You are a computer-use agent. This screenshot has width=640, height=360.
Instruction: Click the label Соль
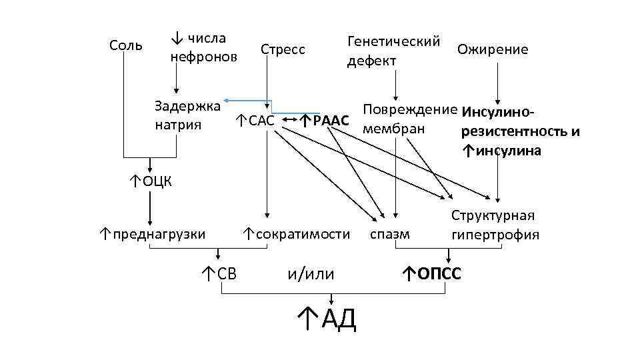(x=125, y=45)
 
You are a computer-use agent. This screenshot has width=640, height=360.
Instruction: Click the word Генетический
(x=393, y=41)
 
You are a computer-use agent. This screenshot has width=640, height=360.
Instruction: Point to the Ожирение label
(x=493, y=49)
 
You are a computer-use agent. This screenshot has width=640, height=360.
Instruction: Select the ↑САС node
(x=254, y=121)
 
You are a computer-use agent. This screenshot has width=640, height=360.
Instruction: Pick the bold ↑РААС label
(x=324, y=121)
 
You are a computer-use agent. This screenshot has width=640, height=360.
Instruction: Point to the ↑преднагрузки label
(x=153, y=233)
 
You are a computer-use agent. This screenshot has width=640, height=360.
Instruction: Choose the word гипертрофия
(x=495, y=235)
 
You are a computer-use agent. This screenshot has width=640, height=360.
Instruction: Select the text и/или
(x=310, y=273)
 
